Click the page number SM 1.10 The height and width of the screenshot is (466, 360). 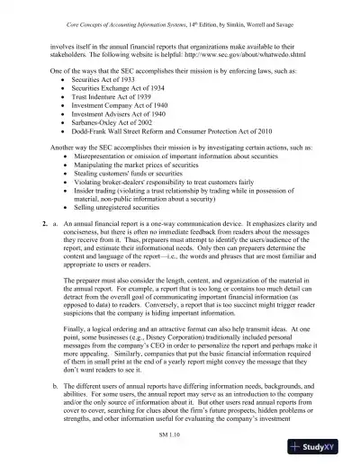click(179, 434)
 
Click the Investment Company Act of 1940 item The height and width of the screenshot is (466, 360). click(118, 115)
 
